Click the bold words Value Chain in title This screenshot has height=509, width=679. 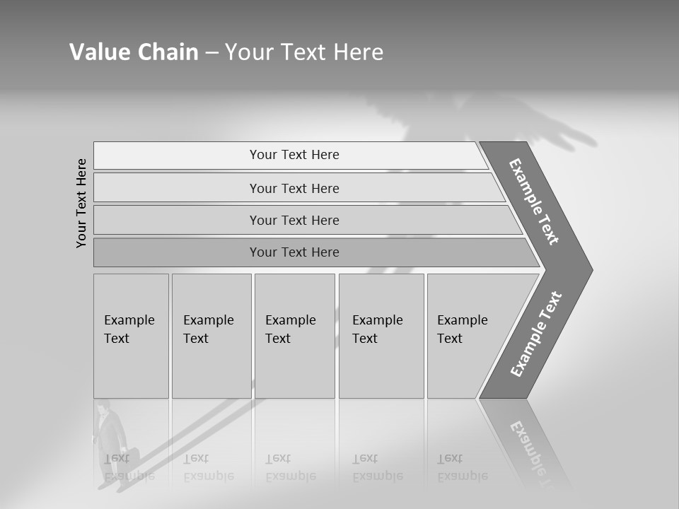pos(134,52)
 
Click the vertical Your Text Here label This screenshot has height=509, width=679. pos(81,203)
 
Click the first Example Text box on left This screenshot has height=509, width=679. pos(131,336)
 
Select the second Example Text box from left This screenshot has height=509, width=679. pos(211,336)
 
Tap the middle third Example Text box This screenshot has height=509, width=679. pos(294,336)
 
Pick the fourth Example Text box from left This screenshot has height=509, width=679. pos(381,336)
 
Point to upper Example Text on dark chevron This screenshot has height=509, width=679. pos(534,201)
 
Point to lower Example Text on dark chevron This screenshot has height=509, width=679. pos(535,334)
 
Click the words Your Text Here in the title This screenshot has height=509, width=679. pos(304,52)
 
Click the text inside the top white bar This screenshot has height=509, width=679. pos(294,155)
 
